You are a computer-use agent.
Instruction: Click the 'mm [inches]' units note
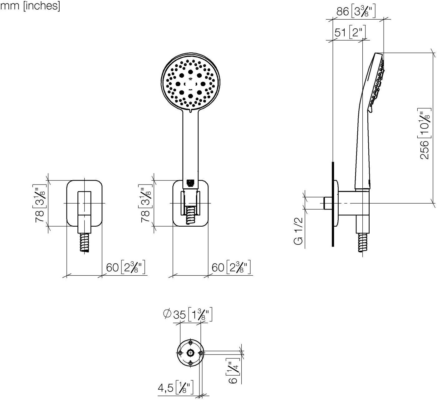coord(30,6)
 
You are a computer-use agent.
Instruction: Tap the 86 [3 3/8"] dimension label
coord(356,11)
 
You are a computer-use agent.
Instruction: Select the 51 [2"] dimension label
coord(350,32)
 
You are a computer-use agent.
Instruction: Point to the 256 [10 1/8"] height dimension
coord(425,133)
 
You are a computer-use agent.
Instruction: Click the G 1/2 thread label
coord(298,231)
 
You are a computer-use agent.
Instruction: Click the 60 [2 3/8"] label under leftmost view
coord(125,267)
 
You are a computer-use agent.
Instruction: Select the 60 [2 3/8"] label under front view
coord(231,267)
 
